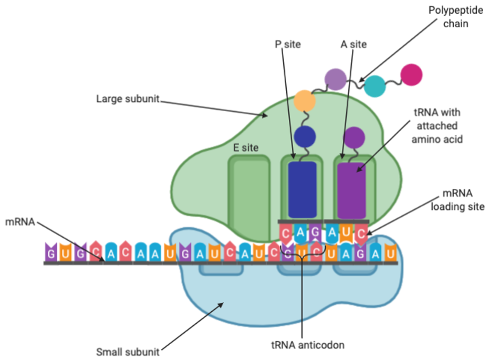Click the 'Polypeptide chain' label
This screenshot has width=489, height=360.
pyautogui.click(x=448, y=17)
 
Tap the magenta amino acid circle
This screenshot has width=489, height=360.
pyautogui.click(x=411, y=75)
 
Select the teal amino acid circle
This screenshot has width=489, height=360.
pyautogui.click(x=375, y=86)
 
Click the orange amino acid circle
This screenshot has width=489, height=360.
pyautogui.click(x=305, y=100)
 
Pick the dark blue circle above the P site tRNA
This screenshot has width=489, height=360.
pyautogui.click(x=305, y=136)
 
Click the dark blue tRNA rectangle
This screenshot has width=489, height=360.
pyautogui.click(x=302, y=189)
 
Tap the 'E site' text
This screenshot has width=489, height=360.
pyautogui.click(x=246, y=148)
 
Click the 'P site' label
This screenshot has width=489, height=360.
pyautogui.click(x=288, y=44)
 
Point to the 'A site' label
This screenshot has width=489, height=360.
pyautogui.click(x=353, y=44)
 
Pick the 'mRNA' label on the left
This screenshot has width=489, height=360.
pyautogui.click(x=20, y=221)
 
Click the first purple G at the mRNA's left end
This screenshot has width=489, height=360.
pyautogui.click(x=51, y=253)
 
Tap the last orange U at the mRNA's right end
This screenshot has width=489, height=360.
pyautogui.click(x=390, y=253)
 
